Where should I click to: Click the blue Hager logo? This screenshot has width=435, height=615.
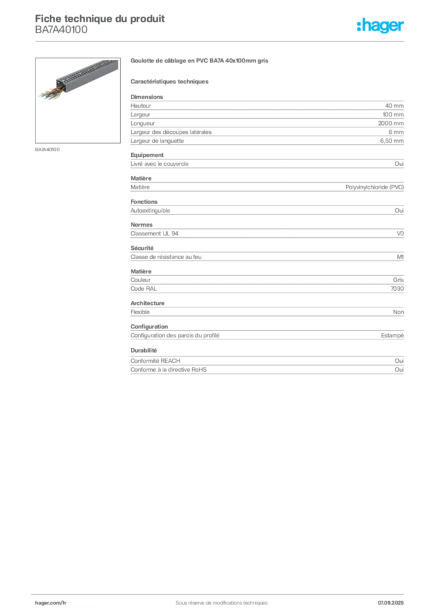pos(381,26)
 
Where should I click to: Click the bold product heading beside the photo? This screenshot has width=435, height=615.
pos(198,61)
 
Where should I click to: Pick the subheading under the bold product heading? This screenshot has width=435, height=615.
pos(170,80)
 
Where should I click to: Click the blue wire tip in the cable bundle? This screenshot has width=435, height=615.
pos(42,95)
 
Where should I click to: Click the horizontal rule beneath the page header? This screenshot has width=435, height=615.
pos(221,41)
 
